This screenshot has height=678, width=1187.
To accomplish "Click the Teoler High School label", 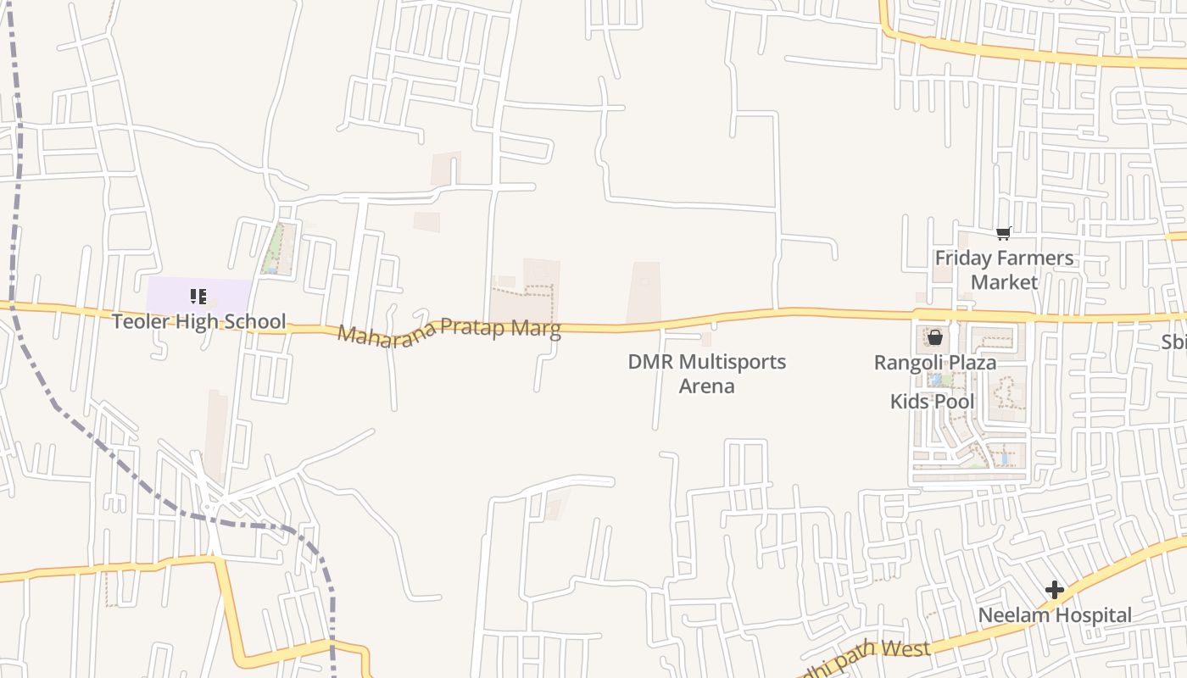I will [x=199, y=322].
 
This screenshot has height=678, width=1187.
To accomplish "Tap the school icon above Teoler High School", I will [x=198, y=297].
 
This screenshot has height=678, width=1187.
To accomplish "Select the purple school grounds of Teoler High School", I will [x=229, y=292].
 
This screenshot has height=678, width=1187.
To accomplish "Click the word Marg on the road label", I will [x=535, y=330].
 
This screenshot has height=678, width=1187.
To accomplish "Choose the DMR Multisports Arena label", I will [x=706, y=374].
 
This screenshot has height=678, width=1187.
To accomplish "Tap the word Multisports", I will [x=732, y=362].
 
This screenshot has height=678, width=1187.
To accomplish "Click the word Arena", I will [x=706, y=386].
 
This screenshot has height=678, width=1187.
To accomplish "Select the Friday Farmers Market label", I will [x=1004, y=270].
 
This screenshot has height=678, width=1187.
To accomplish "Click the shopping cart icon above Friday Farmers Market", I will [x=1004, y=233].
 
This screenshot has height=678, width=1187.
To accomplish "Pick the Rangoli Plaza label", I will [x=935, y=363].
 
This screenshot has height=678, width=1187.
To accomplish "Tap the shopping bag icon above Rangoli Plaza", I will [x=934, y=337].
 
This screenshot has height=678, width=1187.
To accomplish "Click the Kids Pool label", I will [x=932, y=401].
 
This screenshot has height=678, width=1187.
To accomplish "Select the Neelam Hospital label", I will [x=1055, y=615].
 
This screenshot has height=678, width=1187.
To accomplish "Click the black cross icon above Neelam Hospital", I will [x=1055, y=589].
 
